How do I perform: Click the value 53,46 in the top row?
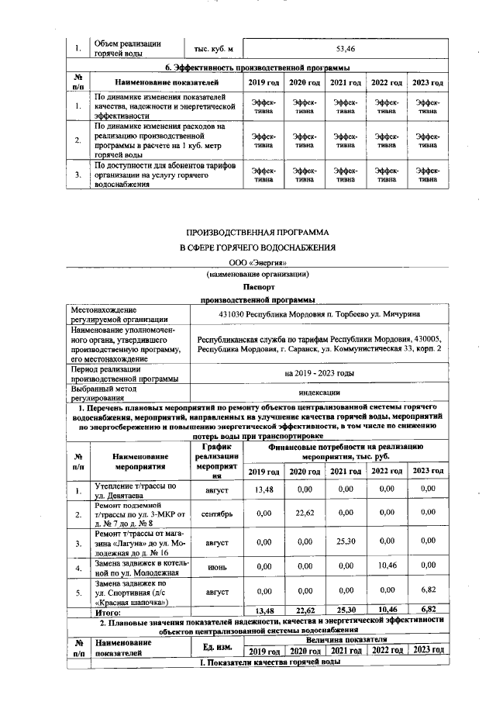[x=345, y=49]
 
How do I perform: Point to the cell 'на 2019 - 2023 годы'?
[x=319, y=373]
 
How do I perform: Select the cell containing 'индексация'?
[x=319, y=392]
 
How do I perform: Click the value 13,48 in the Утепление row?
[x=264, y=490]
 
